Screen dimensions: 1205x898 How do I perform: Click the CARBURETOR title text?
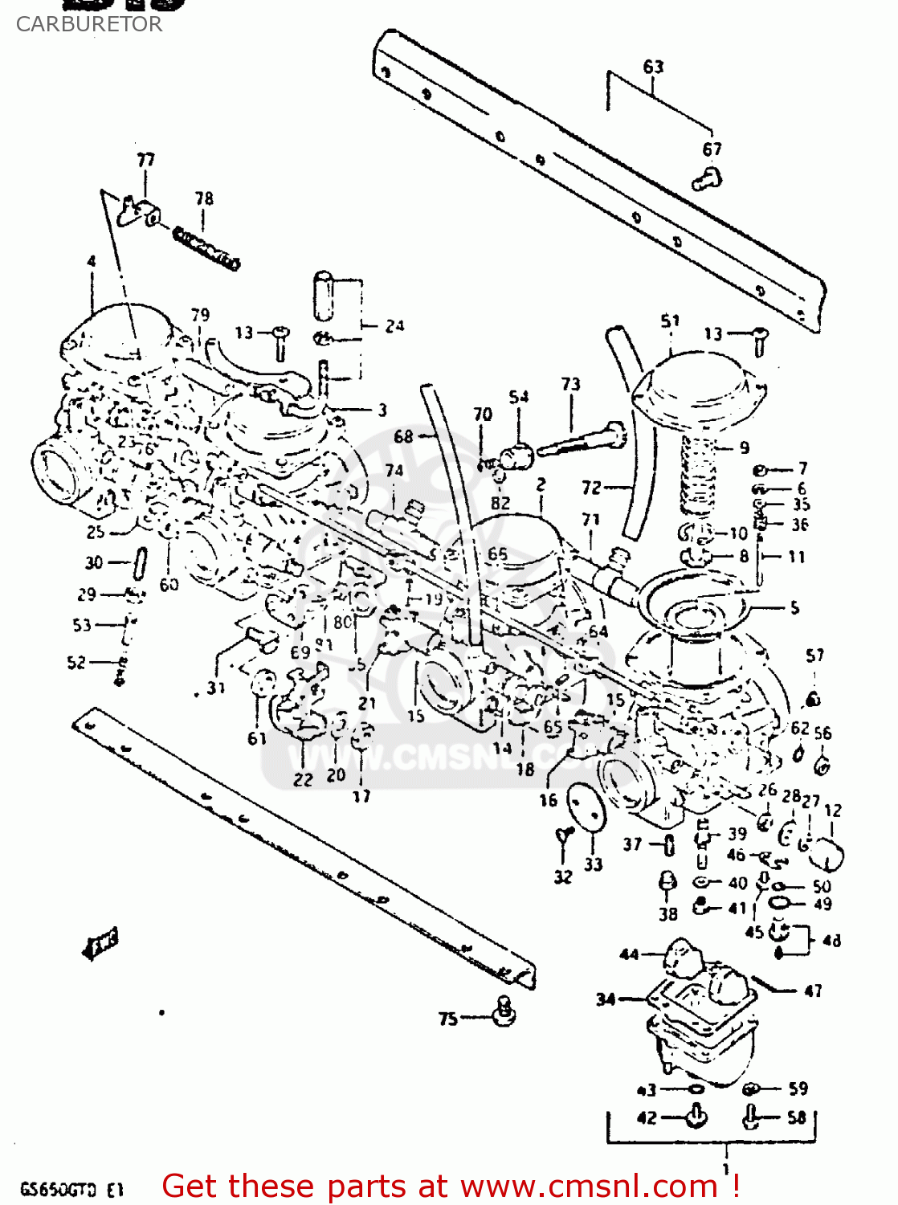[88, 24]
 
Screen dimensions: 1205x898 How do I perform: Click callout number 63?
[653, 67]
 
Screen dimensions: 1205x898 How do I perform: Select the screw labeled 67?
[707, 178]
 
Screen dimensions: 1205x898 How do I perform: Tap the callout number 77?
[145, 160]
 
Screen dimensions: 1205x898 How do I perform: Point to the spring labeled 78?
[206, 248]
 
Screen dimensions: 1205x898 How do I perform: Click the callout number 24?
[394, 326]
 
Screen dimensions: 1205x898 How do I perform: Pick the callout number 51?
[670, 321]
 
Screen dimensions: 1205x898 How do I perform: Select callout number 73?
[570, 384]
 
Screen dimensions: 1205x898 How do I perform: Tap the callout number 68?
[403, 436]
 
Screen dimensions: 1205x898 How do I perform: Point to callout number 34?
[606, 999]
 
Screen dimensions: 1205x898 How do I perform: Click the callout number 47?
[813, 991]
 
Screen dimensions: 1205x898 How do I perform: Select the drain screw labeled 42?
[696, 1117]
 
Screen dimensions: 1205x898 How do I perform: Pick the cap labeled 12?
[826, 853]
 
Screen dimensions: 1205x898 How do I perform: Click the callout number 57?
[814, 656]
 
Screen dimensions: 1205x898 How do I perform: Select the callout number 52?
[76, 662]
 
